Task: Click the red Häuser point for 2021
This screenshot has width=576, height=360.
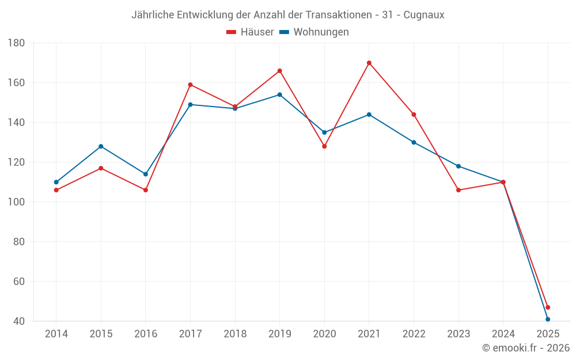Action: click(369, 63)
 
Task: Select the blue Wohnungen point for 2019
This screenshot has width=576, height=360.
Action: click(280, 94)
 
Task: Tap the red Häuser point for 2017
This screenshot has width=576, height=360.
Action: click(190, 85)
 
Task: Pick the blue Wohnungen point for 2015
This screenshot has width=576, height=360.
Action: click(101, 146)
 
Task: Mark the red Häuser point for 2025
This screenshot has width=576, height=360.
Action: click(548, 307)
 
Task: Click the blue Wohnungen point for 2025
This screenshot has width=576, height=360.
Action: click(548, 319)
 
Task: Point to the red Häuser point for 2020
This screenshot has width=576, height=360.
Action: click(324, 146)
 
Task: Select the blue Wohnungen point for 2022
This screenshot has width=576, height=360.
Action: click(414, 142)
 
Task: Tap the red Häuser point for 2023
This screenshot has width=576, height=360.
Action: click(458, 190)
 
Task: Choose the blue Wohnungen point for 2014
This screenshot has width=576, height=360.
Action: click(56, 182)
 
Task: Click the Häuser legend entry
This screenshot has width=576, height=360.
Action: click(250, 32)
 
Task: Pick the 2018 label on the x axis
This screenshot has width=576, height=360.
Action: click(235, 334)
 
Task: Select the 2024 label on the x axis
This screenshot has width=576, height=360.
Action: click(503, 334)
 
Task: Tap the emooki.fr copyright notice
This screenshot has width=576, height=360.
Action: click(526, 348)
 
